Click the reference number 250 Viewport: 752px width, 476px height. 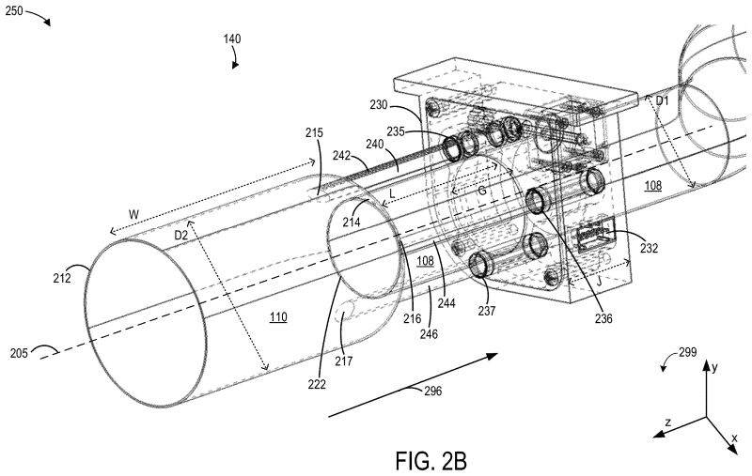click(x=14, y=10)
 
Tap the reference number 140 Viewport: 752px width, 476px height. click(x=232, y=38)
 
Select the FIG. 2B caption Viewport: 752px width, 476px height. click(x=431, y=461)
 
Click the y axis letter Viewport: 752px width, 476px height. click(x=714, y=367)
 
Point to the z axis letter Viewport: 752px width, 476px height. click(x=667, y=422)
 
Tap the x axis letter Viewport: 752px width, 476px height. click(x=734, y=438)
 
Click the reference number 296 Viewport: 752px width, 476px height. click(x=432, y=391)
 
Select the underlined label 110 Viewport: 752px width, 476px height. click(x=278, y=317)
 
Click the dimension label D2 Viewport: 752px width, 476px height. click(x=180, y=235)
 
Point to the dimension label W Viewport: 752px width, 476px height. click(x=133, y=214)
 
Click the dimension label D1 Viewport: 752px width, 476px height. click(x=662, y=101)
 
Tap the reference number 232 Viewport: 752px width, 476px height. click(x=649, y=248)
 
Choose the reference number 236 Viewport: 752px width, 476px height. click(x=603, y=318)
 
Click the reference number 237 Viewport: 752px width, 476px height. click(x=486, y=311)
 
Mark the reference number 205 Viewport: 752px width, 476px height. click(x=19, y=353)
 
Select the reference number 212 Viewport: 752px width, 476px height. click(x=62, y=277)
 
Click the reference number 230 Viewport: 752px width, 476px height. click(x=379, y=104)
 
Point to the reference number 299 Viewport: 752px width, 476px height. click(x=688, y=353)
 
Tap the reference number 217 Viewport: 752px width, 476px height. click(x=344, y=361)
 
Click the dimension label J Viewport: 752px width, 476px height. click(x=598, y=282)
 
